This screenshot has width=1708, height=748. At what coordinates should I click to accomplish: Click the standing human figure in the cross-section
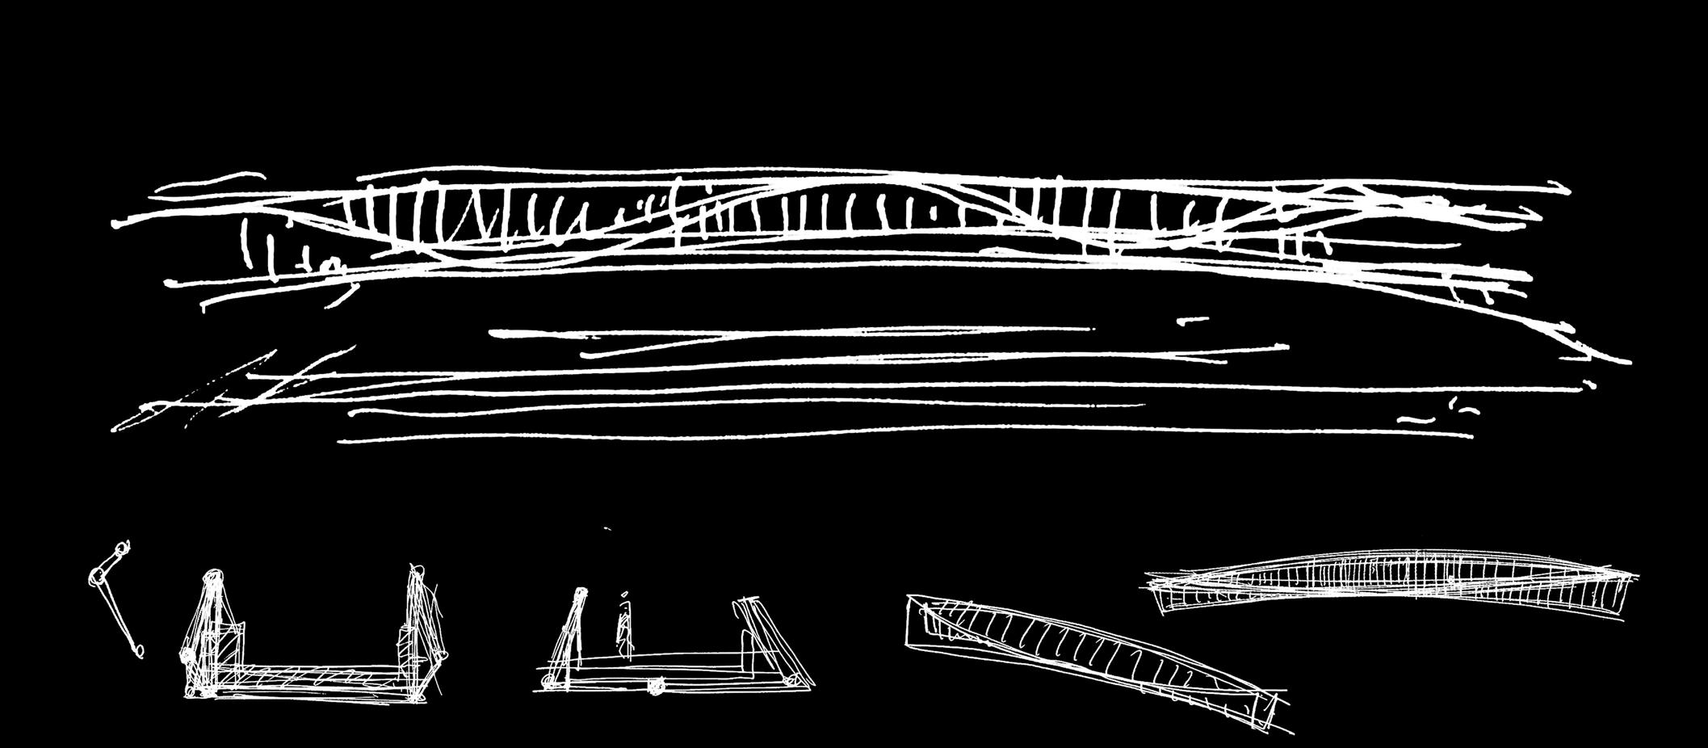tap(623, 630)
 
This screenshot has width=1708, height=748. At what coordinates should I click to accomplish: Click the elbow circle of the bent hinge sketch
tap(94, 577)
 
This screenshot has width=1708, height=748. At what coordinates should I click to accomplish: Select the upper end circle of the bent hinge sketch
tap(121, 549)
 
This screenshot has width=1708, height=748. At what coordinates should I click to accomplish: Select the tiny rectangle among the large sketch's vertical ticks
tap(934, 214)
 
